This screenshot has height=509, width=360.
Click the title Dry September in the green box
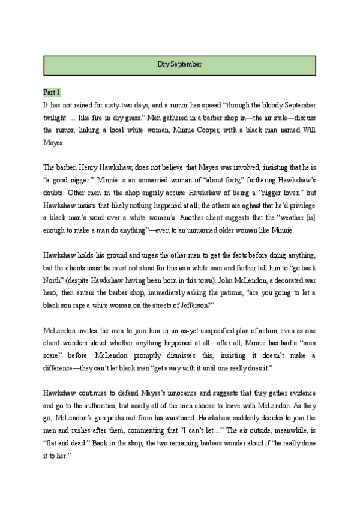179,64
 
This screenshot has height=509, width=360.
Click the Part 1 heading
52,92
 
